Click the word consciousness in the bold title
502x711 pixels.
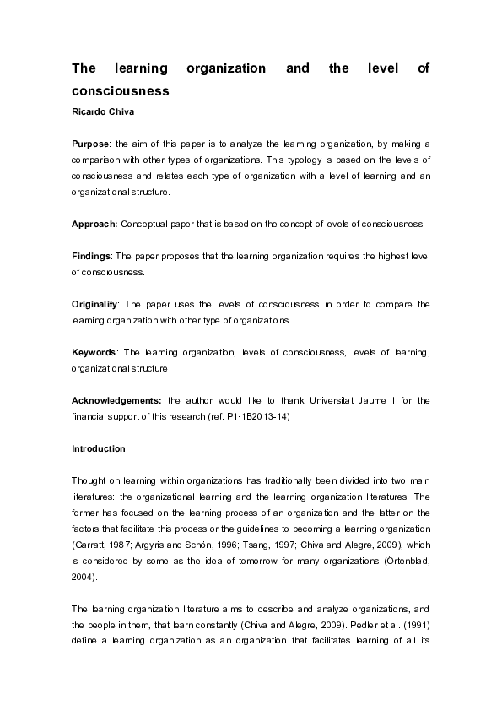click(x=121, y=90)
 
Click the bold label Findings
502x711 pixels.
click(x=92, y=256)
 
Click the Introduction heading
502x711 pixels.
click(x=99, y=448)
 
